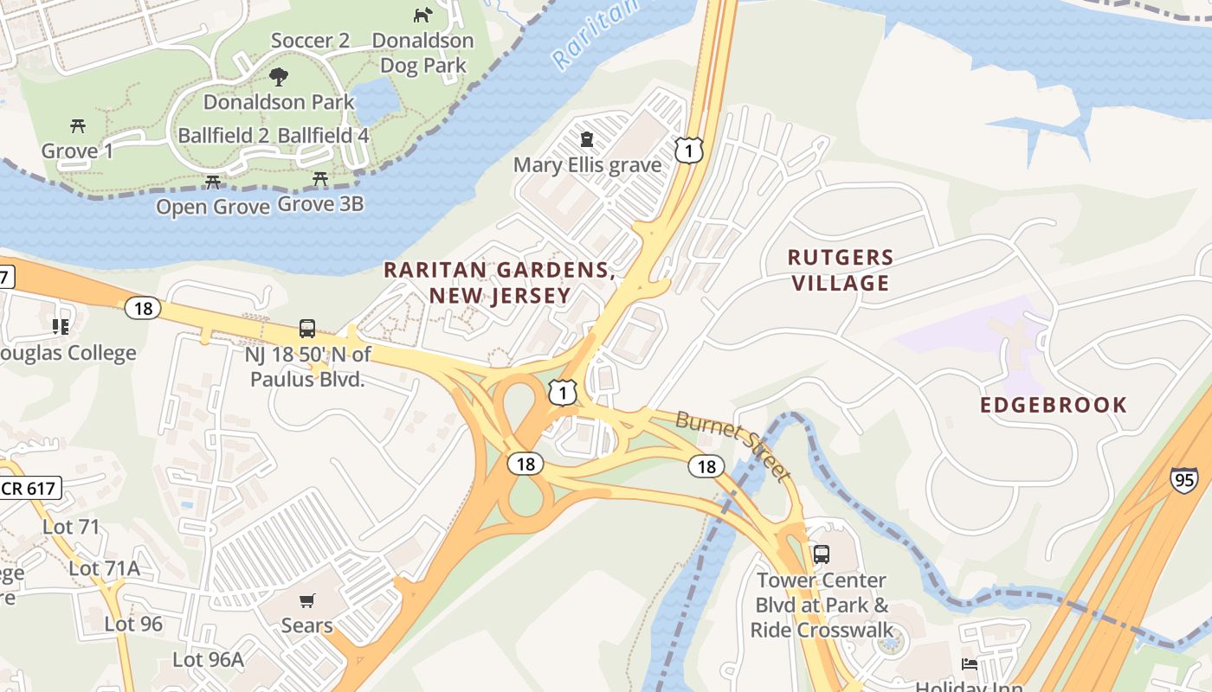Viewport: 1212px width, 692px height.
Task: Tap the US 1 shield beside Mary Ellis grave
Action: [689, 151]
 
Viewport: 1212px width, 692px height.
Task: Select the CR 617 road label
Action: [29, 488]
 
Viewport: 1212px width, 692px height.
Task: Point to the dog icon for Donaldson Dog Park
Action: [422, 15]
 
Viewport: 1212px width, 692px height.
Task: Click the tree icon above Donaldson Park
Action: [278, 77]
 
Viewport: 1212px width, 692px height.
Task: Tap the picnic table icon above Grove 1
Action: [78, 126]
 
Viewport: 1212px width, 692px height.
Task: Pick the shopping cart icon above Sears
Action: [306, 600]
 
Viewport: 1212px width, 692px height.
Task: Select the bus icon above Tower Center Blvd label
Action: [821, 554]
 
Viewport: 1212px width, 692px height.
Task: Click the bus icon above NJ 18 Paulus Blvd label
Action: [307, 328]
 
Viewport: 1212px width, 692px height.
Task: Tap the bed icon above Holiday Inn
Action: [970, 664]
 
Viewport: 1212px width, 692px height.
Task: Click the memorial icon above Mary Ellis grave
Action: [587, 139]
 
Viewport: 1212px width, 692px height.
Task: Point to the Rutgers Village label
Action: [840, 270]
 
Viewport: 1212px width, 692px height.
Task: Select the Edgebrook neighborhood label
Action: [1054, 405]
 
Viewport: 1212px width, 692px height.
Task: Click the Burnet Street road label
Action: [732, 446]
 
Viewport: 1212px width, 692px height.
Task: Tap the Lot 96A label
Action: [208, 659]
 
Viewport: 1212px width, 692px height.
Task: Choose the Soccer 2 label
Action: [310, 41]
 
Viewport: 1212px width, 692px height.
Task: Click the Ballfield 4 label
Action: [323, 136]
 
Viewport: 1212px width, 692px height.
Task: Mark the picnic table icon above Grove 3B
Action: [320, 179]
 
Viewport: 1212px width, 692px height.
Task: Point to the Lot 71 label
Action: [71, 527]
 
